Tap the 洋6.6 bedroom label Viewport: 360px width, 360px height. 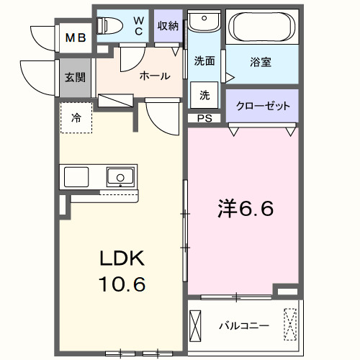point(245,210)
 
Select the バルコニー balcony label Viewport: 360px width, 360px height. point(244,326)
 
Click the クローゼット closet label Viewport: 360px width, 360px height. point(263,106)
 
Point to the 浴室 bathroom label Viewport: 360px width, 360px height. point(261,63)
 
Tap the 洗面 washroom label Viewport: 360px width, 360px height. point(204,61)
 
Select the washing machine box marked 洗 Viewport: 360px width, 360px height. point(204,94)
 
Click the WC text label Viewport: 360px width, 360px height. point(139,27)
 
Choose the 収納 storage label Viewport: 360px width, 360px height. point(168,26)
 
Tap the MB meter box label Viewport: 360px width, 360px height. point(75,38)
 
